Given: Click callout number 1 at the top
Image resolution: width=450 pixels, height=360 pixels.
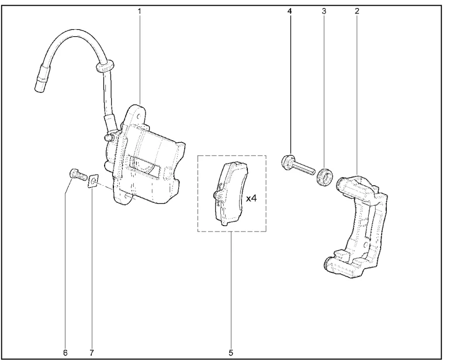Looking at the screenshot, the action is point(140,12).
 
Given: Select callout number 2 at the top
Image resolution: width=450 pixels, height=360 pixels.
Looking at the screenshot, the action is point(356,11).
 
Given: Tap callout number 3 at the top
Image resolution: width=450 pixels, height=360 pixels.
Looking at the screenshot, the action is point(324,11).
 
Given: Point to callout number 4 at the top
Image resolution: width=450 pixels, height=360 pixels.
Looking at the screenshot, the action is point(289,11).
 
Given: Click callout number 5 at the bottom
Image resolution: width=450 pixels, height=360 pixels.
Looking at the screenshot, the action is point(231,352).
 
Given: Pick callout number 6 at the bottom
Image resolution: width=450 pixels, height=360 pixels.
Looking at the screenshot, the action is point(65,352).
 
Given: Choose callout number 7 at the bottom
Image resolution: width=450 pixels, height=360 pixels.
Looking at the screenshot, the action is point(92,352).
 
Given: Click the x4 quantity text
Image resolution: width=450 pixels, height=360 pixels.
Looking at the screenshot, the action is point(251,198).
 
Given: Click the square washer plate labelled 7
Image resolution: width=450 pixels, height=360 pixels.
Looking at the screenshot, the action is point(93,181).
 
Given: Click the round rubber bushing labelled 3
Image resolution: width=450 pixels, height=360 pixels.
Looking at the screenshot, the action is point(324,176).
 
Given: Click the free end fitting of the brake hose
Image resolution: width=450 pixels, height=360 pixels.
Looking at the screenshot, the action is point(40,82).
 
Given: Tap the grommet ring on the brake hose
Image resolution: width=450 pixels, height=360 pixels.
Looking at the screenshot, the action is point(105,65).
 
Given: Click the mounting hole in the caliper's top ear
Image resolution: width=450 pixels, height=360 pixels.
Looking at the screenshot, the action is point(139,117).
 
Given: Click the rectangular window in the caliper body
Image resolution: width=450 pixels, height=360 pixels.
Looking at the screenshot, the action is point(145,165).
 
